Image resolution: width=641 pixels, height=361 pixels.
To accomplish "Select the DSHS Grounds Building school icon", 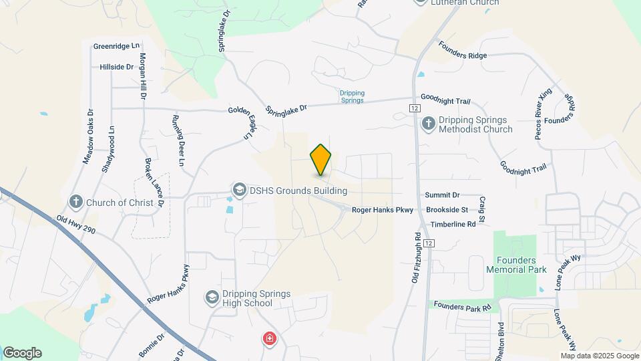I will pos(238,191).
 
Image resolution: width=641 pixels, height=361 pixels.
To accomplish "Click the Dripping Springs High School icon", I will pos(212,297).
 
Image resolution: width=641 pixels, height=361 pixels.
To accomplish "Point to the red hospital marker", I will pos(270,340).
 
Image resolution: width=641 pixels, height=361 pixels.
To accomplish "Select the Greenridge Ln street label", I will pos(117,46).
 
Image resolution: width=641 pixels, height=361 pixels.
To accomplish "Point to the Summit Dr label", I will pos(443,195).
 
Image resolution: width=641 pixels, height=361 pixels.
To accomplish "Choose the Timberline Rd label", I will pos(453,224).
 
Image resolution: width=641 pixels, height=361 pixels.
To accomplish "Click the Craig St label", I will pos(481,209).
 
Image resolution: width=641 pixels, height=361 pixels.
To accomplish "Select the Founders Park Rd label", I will pos(461,306).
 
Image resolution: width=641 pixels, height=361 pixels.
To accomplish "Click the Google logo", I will pos(22,353).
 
